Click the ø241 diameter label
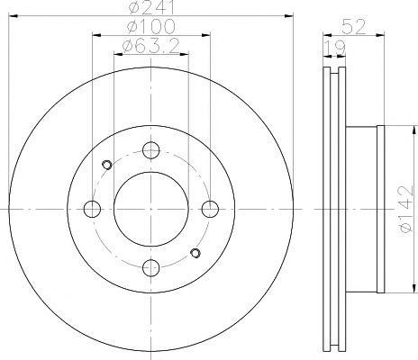tap(151, 7)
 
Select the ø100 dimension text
tap(151, 26)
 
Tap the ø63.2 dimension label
tap(151, 46)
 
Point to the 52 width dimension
tap(353, 26)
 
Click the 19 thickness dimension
tap(335, 48)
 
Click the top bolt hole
tap(151, 150)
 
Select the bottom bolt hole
tap(151, 267)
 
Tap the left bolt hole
tap(92, 209)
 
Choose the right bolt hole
tap(210, 209)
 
